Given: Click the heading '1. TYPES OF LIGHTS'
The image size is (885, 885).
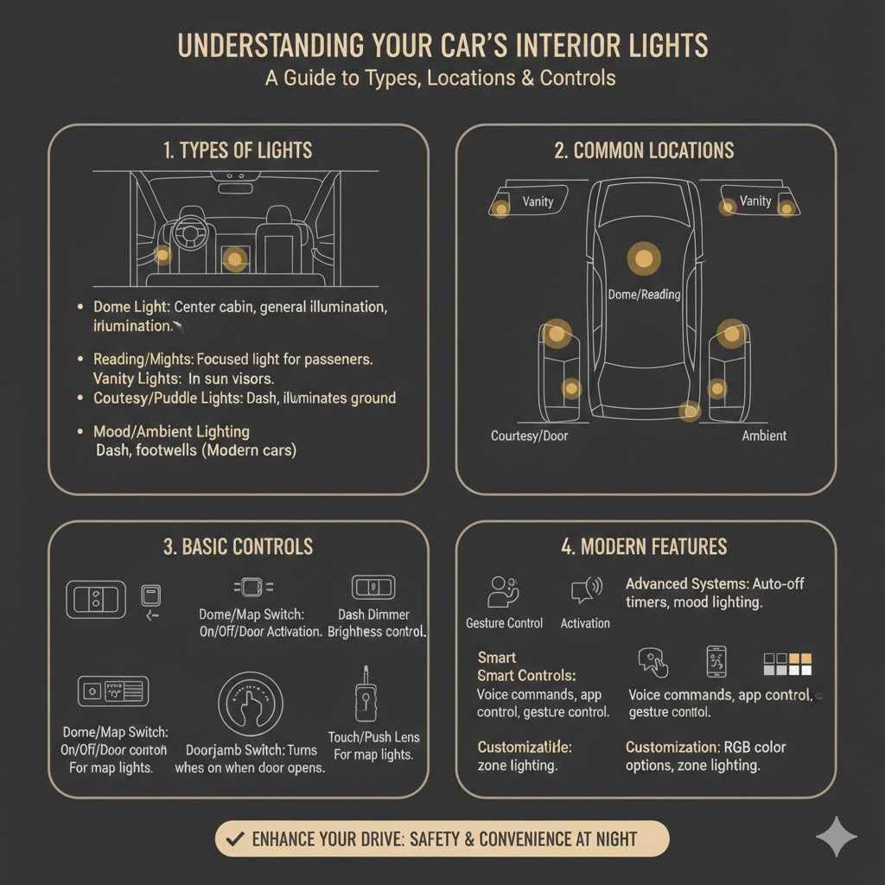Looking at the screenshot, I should pos(238,150).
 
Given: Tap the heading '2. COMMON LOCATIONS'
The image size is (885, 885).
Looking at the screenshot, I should pos(644,150).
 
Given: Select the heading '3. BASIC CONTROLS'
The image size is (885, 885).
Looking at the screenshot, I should pos(238,547).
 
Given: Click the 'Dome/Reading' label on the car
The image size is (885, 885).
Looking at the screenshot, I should pos(644,295).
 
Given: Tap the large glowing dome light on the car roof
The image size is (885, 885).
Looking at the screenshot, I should pos(643,257).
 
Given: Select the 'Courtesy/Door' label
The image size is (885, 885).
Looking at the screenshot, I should pos(530,436).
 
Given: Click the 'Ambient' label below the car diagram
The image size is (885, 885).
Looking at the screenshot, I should pos(764,436).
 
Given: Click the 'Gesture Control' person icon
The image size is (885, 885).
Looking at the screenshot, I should pos(503,592).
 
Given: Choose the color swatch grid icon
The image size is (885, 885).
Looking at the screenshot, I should pos(787,664).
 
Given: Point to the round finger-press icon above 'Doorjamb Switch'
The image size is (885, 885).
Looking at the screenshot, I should pos(251,704).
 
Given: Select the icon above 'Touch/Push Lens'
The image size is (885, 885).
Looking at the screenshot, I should pos(363,694).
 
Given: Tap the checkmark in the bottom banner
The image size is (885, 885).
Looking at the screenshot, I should pos(232,838).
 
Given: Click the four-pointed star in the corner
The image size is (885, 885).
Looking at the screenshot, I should pos(837,836).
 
